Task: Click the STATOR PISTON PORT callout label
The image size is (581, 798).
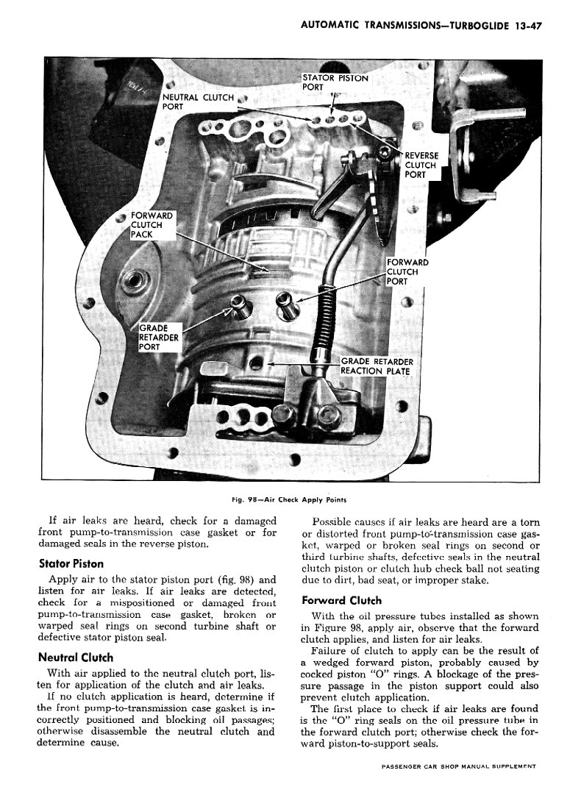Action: click(x=335, y=82)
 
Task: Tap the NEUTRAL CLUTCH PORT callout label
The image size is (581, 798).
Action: click(x=197, y=101)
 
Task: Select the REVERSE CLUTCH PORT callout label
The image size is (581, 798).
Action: click(x=421, y=165)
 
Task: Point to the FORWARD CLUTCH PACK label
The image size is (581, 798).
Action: click(x=152, y=225)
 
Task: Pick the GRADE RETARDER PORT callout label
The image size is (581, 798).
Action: click(x=158, y=338)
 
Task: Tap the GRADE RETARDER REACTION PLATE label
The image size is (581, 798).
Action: click(x=377, y=366)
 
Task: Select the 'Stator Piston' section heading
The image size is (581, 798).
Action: click(x=71, y=565)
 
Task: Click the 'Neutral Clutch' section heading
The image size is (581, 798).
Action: click(x=75, y=658)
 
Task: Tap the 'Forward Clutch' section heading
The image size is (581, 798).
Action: click(x=341, y=600)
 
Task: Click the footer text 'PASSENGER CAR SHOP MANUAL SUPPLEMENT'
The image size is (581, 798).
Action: click(x=459, y=787)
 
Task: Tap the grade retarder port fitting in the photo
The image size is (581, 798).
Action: click(x=239, y=303)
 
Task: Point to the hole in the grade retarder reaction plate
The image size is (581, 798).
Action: click(x=255, y=363)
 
